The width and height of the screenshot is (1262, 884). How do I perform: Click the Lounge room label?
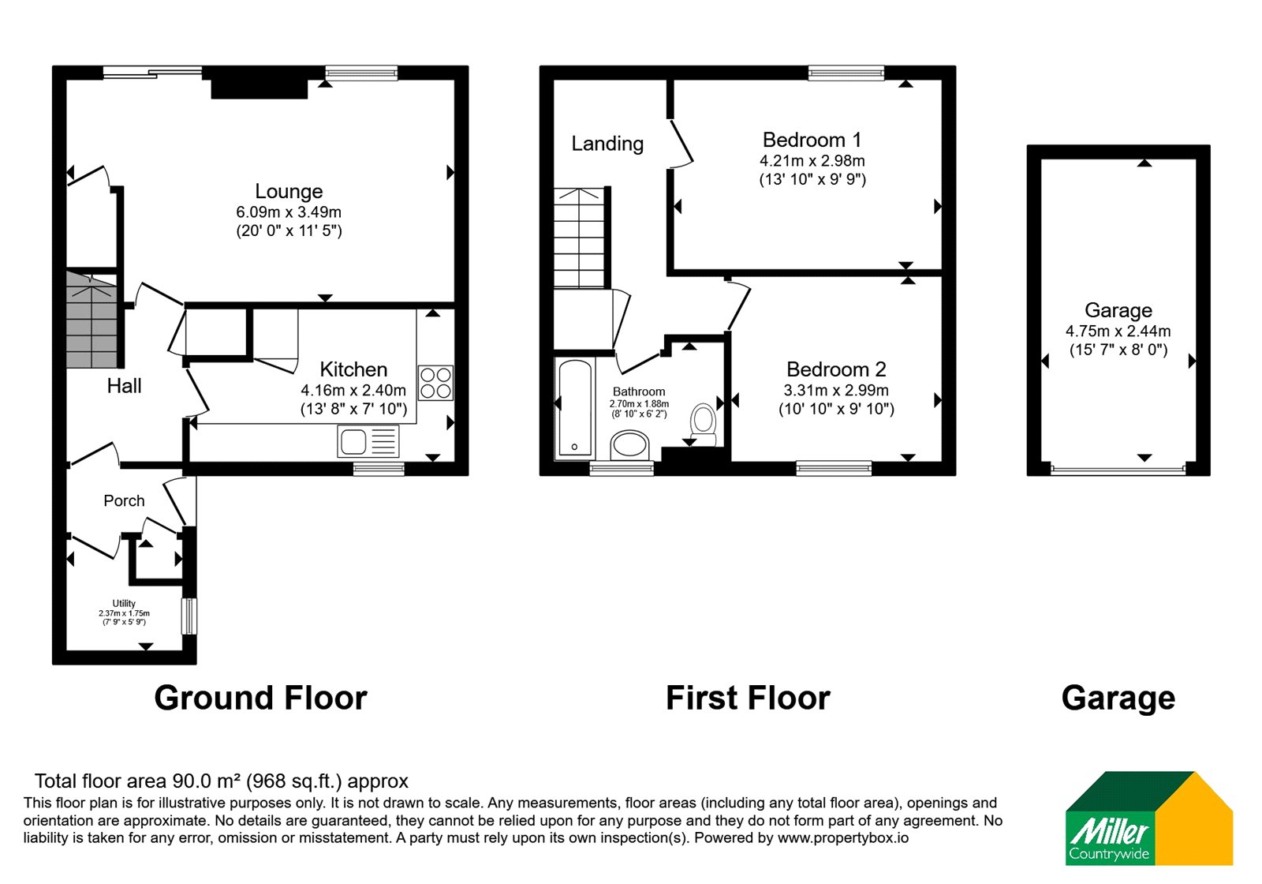tap(289, 191)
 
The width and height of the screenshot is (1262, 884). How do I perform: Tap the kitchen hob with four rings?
tap(435, 383)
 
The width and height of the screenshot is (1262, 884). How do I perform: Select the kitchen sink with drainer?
tap(368, 441)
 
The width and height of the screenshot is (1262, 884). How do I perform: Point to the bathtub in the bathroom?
tap(575, 409)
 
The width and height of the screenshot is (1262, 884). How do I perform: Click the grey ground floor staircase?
tap(91, 320)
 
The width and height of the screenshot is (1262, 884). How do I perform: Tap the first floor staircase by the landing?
tap(579, 238)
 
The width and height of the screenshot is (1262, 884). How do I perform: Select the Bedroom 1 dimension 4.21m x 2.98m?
tap(812, 161)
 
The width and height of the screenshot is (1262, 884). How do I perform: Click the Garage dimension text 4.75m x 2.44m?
tap(1118, 331)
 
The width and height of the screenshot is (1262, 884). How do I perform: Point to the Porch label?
tap(124, 500)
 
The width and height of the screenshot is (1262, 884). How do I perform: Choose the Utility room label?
tap(124, 603)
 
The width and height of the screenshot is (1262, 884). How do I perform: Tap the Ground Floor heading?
tap(261, 698)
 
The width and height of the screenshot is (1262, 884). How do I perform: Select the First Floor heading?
tap(748, 698)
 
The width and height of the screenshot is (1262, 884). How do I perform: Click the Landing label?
tap(607, 144)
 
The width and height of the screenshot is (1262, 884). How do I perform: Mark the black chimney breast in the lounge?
tap(259, 83)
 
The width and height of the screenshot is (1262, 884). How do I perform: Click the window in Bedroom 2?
tap(834, 468)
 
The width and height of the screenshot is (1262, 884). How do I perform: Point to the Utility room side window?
tap(189, 616)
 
